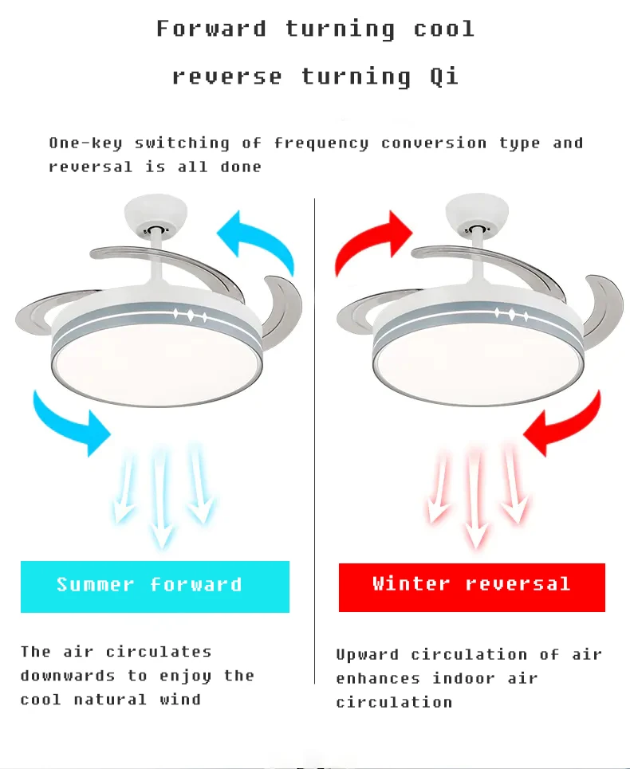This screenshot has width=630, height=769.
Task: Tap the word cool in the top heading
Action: [x=443, y=29]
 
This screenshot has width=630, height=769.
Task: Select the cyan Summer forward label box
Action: [x=155, y=587]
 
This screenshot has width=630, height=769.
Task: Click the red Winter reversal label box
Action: [x=471, y=587]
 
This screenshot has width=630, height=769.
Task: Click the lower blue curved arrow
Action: [x=71, y=422]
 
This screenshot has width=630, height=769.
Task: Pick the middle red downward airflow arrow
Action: [x=475, y=497]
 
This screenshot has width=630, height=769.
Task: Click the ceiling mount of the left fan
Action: [x=156, y=215]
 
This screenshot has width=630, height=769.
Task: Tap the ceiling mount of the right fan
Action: [x=476, y=214]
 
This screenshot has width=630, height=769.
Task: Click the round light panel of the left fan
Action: [x=156, y=363]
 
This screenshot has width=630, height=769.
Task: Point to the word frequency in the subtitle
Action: [x=321, y=143]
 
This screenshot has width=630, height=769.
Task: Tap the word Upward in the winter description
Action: [x=367, y=655]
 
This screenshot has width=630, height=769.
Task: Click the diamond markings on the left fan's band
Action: [x=191, y=316]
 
